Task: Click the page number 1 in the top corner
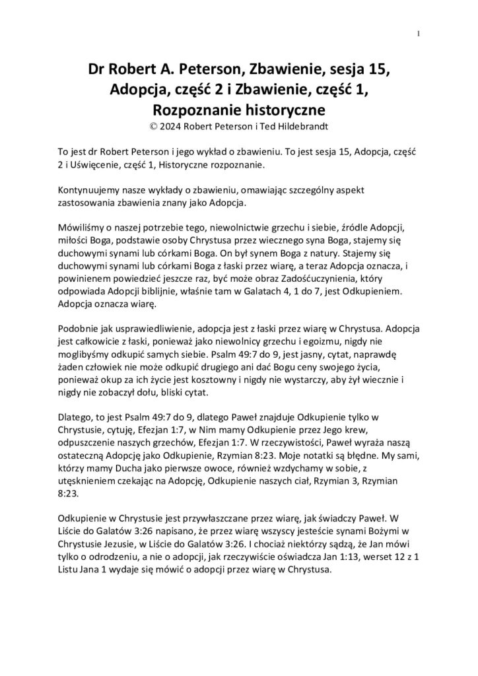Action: coord(419,34)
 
